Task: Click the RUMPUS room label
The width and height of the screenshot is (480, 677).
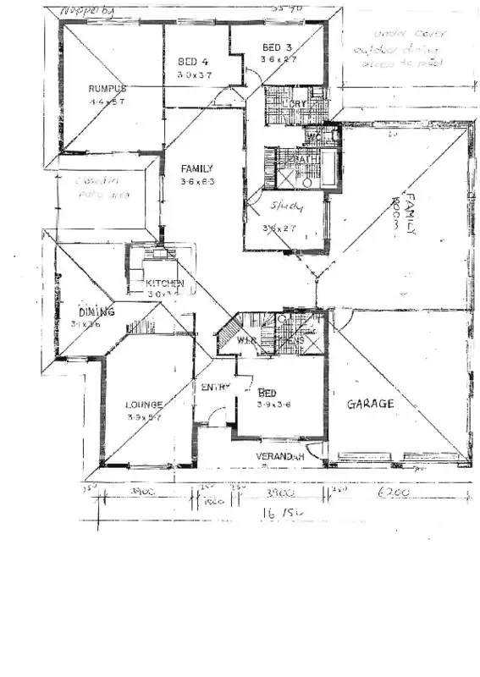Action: coord(107,89)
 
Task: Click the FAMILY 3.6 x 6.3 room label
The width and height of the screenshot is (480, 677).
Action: coord(196,168)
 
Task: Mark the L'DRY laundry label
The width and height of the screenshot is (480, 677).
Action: coord(297,103)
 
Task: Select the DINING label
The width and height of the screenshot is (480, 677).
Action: coord(97,311)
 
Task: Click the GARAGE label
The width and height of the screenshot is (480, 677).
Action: coord(371,405)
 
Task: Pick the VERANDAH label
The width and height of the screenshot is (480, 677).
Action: coord(280,456)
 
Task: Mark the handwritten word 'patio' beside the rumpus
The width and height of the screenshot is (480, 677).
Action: coord(89,195)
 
